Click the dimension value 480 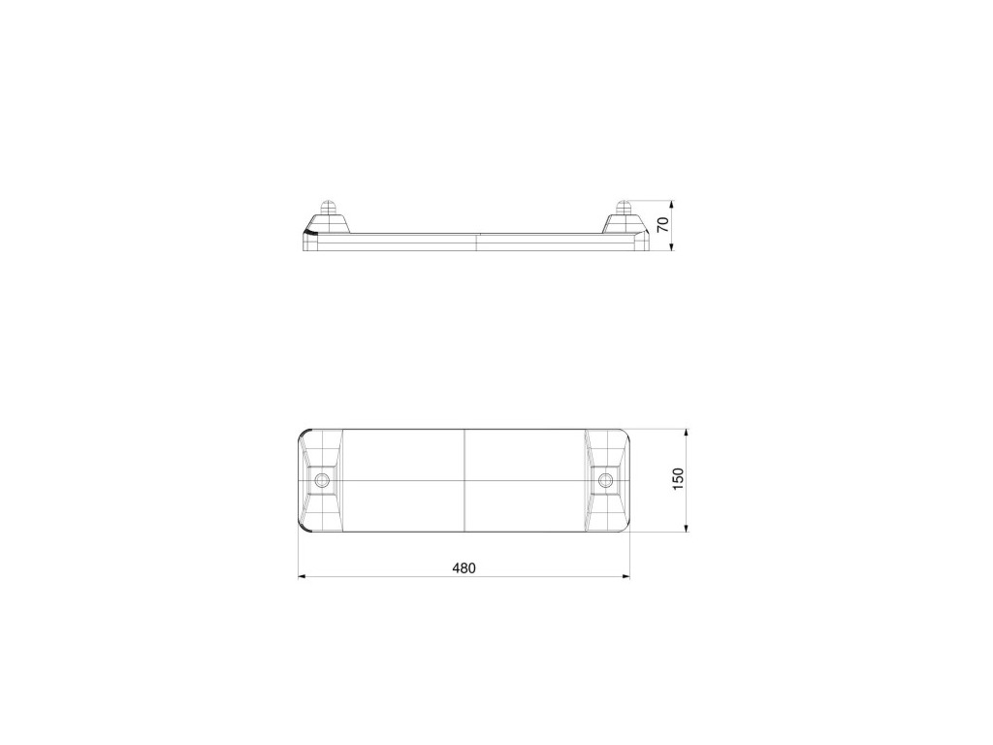464,568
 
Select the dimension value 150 678,479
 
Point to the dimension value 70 663,224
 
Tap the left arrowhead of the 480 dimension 303,576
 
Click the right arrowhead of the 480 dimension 625,576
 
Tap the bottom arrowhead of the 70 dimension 672,246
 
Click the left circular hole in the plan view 322,479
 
